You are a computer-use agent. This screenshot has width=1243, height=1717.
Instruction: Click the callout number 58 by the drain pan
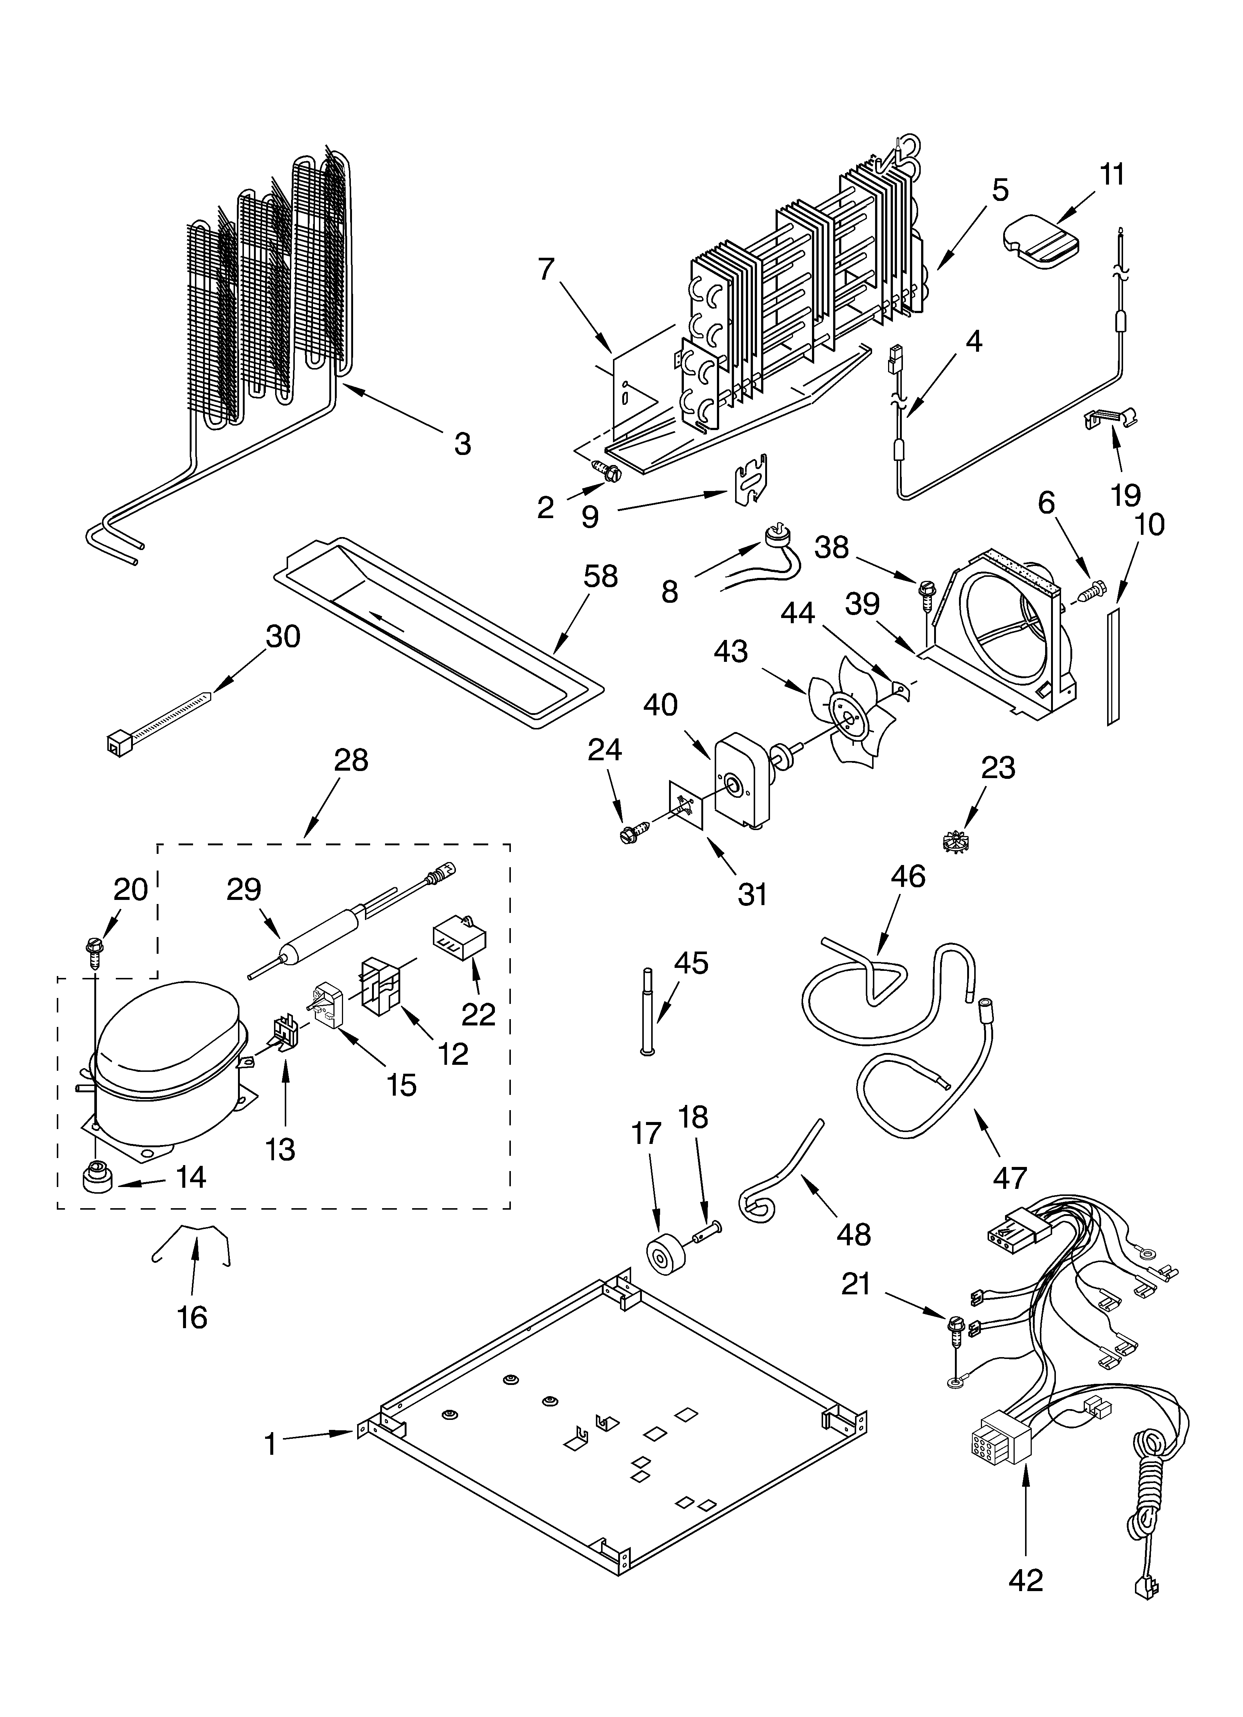[600, 577]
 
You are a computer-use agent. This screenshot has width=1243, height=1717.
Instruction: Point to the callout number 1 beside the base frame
[270, 1445]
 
